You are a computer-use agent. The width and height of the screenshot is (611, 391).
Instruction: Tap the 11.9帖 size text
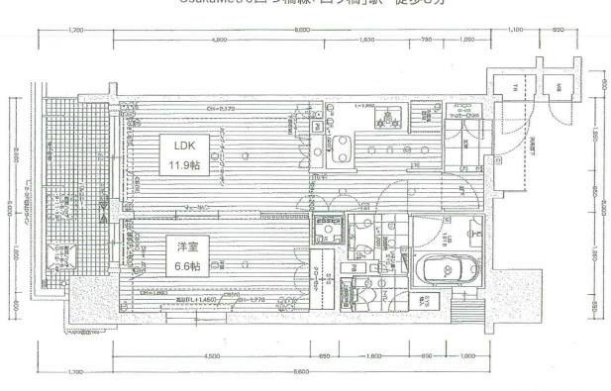184,163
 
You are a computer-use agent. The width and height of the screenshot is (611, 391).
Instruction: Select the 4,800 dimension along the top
221,40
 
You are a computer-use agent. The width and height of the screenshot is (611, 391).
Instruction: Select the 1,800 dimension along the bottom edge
373,353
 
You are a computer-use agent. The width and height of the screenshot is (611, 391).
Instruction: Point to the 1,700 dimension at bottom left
76,371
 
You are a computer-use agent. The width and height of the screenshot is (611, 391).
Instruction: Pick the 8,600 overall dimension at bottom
302,371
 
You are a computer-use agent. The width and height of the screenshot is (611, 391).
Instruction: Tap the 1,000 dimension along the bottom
466,353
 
